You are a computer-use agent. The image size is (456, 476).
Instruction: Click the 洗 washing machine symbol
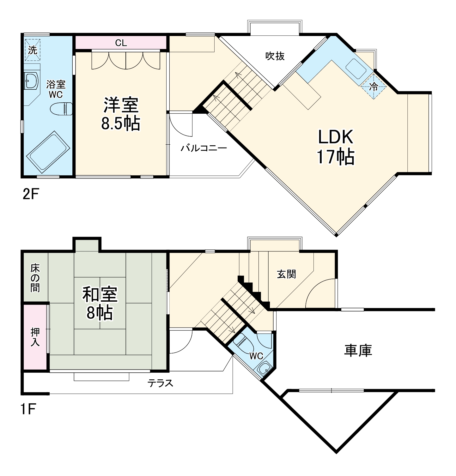[33, 50]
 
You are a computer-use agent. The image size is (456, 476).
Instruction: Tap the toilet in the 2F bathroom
[61, 108]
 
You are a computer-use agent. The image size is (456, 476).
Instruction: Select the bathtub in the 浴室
[48, 151]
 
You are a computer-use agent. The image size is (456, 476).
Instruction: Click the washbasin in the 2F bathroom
[31, 80]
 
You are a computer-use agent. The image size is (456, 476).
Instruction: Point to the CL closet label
[121, 43]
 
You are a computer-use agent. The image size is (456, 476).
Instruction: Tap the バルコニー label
[204, 148]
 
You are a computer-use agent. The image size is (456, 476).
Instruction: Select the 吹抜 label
[275, 56]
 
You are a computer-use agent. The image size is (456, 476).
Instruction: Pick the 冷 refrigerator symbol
[374, 87]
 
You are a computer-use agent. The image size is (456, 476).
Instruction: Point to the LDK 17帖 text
[335, 147]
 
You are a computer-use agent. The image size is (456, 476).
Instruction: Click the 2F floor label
[30, 194]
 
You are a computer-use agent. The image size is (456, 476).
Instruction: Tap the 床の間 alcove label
[35, 278]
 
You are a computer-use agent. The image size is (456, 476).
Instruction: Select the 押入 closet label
[35, 337]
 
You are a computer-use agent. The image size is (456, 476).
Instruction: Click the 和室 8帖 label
[100, 303]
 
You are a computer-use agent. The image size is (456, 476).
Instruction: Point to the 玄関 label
[286, 274]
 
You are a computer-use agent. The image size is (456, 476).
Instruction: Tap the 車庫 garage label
[358, 350]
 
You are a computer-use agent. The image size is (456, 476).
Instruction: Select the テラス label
[161, 383]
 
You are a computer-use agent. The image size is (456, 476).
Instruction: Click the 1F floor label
[28, 409]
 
